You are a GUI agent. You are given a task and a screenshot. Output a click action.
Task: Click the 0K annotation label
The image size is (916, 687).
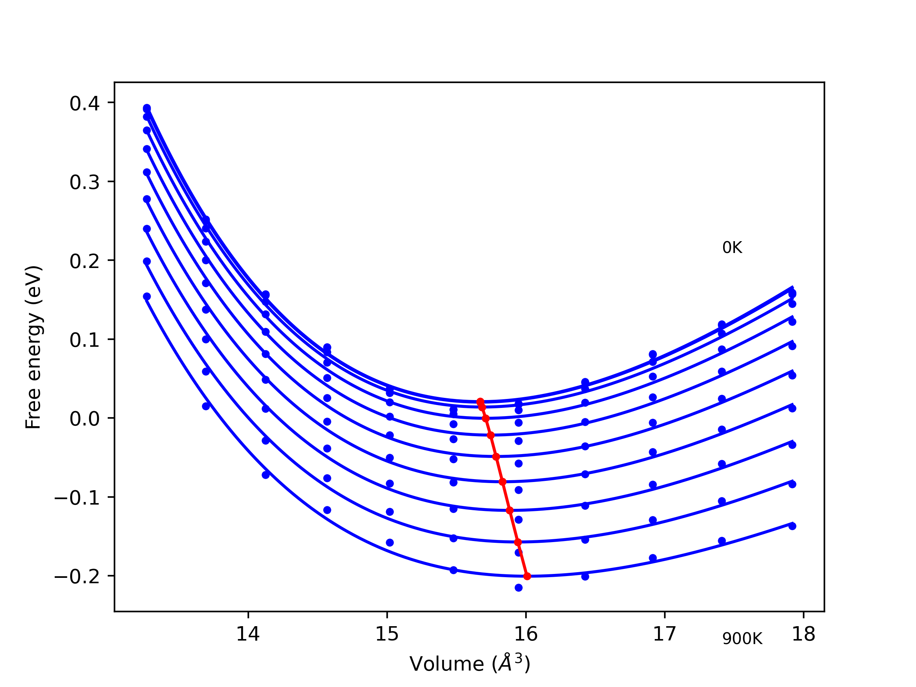(732, 248)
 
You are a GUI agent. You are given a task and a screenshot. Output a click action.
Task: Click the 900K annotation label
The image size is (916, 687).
(742, 639)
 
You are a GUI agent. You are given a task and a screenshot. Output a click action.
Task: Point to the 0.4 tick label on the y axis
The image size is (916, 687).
(84, 103)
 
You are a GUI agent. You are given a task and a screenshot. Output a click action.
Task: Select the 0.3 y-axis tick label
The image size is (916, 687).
(84, 182)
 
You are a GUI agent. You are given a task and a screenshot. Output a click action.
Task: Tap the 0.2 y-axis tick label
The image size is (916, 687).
(84, 261)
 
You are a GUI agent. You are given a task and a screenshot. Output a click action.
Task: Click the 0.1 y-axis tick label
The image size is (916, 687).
(84, 340)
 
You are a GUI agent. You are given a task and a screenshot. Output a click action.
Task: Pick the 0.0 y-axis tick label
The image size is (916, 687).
(84, 419)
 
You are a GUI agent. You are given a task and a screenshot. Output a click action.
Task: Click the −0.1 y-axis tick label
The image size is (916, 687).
(77, 498)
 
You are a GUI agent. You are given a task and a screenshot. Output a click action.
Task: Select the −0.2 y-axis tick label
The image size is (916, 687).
(77, 576)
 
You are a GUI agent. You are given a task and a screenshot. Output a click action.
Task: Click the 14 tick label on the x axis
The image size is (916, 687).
(248, 634)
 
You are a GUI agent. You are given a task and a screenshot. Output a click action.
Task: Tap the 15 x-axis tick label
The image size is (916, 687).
(387, 634)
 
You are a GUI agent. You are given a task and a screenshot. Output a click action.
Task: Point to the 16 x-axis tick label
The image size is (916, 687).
(526, 634)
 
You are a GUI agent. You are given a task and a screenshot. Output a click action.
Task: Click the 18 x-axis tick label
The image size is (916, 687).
(803, 634)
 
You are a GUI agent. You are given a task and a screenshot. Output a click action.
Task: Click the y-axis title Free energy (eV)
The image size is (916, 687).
(33, 347)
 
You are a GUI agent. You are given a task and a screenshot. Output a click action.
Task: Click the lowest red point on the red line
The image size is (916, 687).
(527, 576)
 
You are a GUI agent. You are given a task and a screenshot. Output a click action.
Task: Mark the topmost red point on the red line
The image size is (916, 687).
(480, 402)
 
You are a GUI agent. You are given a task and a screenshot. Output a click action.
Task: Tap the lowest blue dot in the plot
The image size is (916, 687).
(518, 588)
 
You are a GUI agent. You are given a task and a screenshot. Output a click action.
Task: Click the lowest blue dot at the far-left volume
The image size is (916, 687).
(147, 297)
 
